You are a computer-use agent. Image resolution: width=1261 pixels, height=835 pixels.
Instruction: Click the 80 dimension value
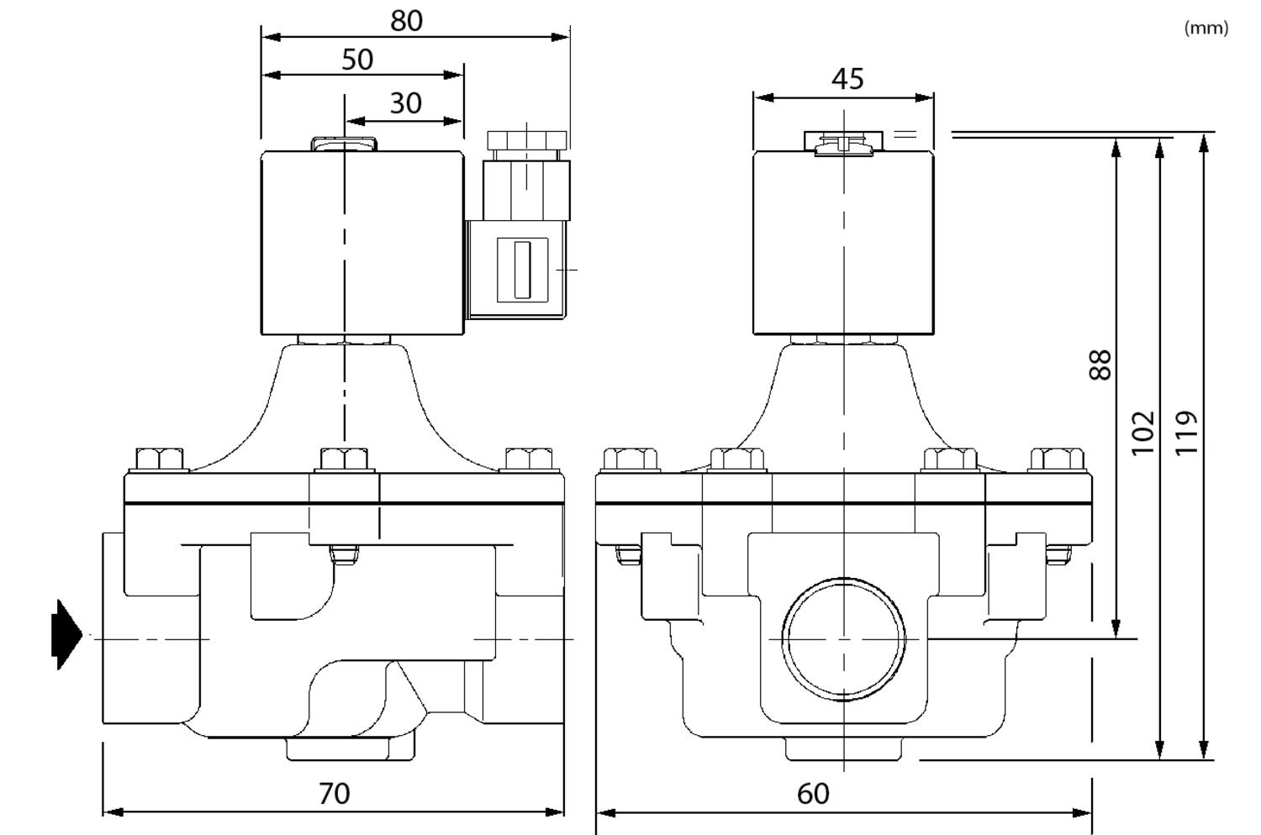point(406,21)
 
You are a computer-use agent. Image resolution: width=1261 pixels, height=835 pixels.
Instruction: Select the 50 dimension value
point(357,60)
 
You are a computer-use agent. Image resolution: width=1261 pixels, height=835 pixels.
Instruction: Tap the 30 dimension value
point(405,103)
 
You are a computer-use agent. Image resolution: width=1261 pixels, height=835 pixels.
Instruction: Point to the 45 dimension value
point(847,79)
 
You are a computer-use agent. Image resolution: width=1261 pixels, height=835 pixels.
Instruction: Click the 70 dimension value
point(334,793)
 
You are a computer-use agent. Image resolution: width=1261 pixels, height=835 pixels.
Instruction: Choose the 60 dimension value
point(813,794)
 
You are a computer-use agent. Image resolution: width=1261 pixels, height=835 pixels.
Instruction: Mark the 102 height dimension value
point(1142,433)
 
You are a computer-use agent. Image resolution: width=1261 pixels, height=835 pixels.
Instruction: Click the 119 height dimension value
point(1185,433)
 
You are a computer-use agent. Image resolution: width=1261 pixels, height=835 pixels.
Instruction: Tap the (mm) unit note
point(1206,28)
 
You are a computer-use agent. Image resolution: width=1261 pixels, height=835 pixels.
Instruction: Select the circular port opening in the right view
point(844,638)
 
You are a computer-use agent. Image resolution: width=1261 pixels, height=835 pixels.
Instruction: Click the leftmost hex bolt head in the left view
point(159,460)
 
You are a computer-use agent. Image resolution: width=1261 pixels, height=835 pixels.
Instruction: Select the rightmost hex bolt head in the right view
point(1057,460)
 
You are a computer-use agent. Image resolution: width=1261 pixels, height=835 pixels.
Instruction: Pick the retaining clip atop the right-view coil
point(843,143)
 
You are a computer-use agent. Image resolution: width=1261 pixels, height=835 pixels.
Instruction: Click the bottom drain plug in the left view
point(351,748)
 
